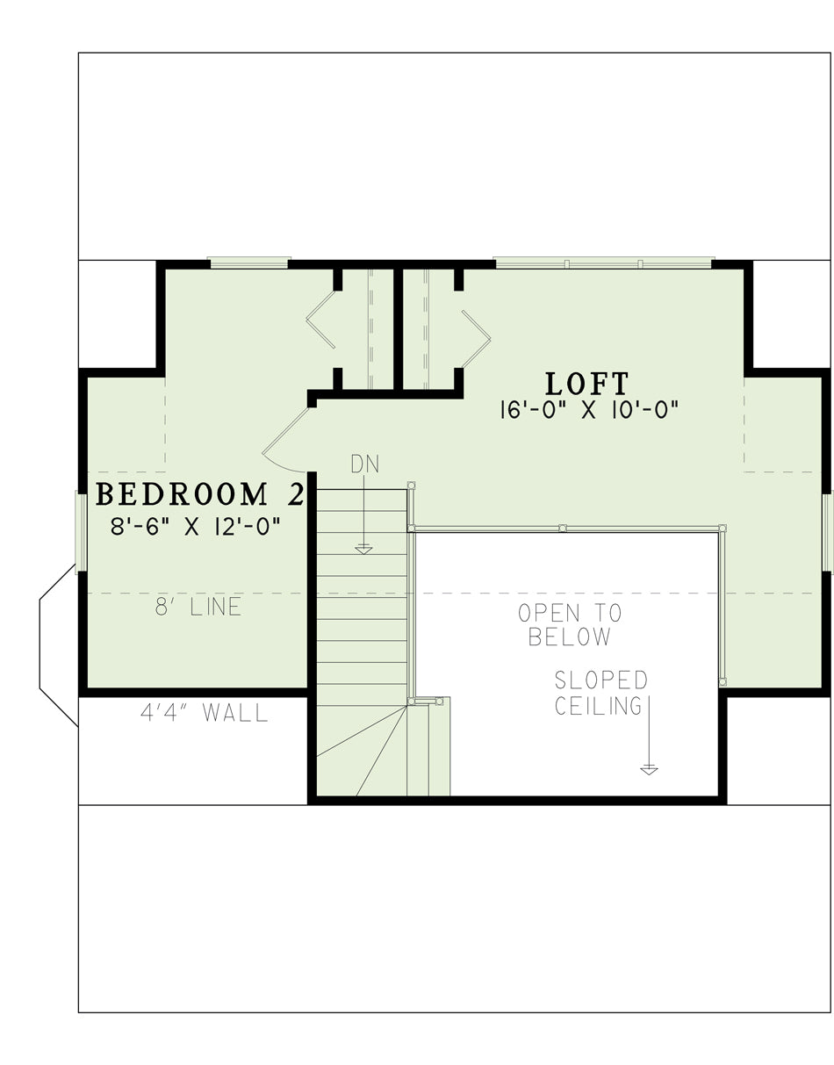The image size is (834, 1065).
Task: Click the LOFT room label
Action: point(587,384)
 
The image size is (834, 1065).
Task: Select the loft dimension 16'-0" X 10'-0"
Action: point(589,410)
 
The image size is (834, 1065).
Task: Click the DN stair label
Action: point(365,464)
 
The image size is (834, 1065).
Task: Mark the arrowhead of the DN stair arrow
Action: point(363,550)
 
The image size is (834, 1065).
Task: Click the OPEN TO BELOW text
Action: point(570,625)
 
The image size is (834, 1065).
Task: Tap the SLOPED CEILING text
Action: point(600,693)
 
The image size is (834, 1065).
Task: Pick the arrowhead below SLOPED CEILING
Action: point(649,770)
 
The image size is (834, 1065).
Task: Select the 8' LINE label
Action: point(198,607)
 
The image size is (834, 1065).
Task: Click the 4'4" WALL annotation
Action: point(205,713)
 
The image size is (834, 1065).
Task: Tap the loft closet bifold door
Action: point(476,338)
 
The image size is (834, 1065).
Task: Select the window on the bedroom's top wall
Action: point(249,263)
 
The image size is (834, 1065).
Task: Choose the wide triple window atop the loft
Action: point(603,263)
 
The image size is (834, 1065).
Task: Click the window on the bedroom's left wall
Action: point(81,531)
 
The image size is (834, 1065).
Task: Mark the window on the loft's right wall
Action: point(828,532)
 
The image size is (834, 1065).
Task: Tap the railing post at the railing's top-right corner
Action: point(722,528)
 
